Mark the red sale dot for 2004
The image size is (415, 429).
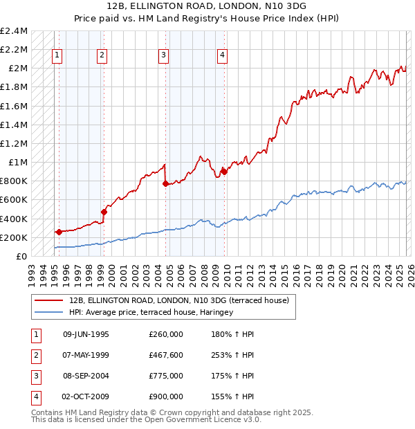pyautogui.click(x=165, y=183)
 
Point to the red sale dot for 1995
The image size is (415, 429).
pyautogui.click(x=59, y=232)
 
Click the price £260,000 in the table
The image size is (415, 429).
pyautogui.click(x=165, y=334)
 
